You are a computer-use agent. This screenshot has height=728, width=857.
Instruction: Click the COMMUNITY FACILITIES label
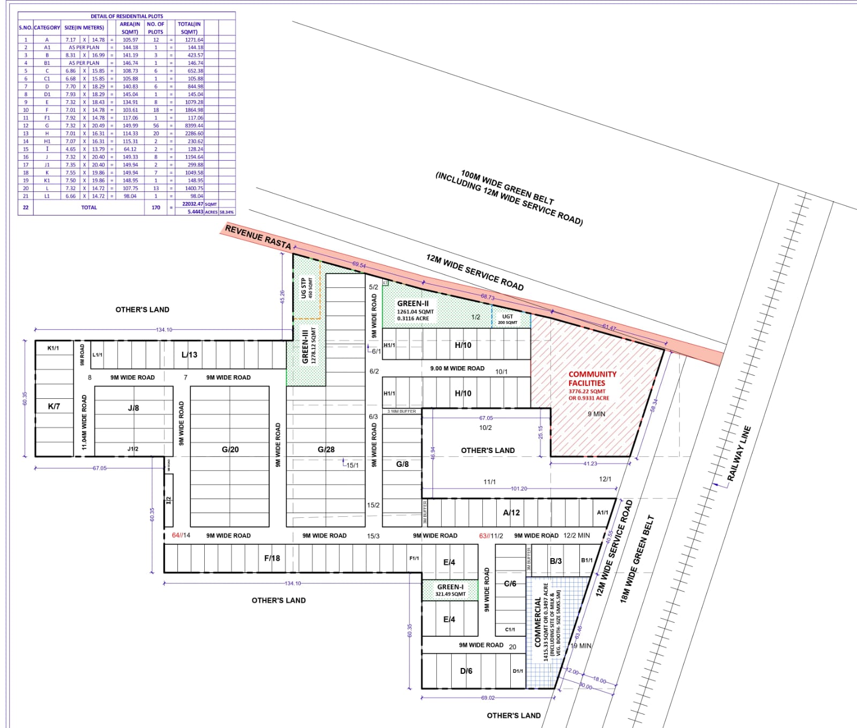pos(592,378)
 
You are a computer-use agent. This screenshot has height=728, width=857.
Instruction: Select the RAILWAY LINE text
pos(739,453)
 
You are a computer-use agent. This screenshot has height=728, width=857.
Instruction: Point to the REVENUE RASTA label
pos(258,237)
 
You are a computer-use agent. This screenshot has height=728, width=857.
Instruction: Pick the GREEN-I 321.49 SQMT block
pos(450,590)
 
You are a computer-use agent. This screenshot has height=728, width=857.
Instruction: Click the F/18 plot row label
pos(272,558)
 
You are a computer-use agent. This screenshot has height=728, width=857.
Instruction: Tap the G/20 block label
pos(230,449)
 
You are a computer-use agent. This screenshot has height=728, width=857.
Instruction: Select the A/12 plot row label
pos(511,512)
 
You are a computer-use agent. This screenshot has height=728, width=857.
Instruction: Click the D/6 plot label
pos(466,671)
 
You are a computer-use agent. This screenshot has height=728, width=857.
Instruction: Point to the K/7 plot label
pos(54,406)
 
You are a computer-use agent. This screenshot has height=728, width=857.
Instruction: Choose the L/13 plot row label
pos(189,354)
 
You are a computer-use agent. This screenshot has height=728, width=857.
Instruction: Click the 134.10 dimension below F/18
pos(293,583)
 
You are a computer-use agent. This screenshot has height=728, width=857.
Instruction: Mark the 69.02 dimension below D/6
pos(488,697)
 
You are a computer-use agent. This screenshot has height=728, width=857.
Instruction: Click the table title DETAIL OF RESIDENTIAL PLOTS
pos(127,16)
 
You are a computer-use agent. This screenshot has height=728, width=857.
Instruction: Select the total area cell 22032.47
pos(192,204)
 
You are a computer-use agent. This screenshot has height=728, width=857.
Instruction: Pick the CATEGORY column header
pos(47,27)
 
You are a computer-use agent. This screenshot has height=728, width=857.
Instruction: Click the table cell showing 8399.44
pos(194,125)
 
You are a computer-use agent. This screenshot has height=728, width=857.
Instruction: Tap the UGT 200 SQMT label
pos(508,319)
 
